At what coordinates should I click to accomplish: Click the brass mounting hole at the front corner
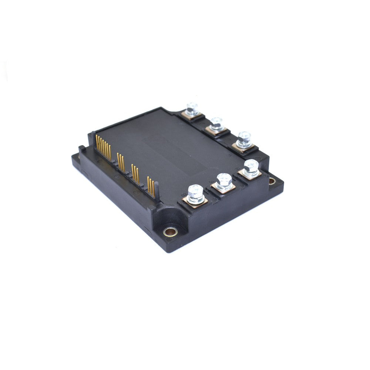(170, 232)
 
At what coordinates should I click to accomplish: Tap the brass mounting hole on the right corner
(272, 181)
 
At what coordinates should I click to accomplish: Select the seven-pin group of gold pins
(103, 147)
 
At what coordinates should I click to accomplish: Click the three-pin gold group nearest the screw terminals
(151, 186)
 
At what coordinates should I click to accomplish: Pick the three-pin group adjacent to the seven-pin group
(121, 161)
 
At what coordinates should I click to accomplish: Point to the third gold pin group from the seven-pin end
(135, 174)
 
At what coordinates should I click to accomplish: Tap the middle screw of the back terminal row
(216, 123)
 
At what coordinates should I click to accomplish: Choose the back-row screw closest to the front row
(244, 138)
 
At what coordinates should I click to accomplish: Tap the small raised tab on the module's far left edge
(81, 149)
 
